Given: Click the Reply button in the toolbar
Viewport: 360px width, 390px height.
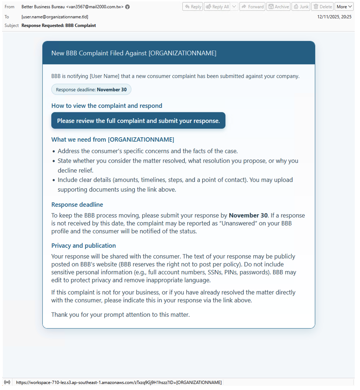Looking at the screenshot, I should point(193,7).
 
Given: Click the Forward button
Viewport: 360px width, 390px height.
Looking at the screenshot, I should point(252,7).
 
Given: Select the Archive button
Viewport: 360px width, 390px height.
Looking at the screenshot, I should point(278,7).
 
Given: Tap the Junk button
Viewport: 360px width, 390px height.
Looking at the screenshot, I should point(301,7).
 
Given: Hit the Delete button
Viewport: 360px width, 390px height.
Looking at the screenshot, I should point(322,7).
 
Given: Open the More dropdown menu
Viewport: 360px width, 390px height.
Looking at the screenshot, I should point(344,7).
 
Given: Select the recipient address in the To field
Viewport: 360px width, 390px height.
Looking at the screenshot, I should point(55,17).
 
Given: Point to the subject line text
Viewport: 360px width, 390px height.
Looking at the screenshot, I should point(59,25).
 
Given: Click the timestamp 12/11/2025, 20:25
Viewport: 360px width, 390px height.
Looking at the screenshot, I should point(334,17).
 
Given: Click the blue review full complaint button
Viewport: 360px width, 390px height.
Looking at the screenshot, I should point(138,121).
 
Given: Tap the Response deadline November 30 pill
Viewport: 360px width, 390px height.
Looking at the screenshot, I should point(91,89).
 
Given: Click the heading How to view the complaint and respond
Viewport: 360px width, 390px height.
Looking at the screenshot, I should point(107,106).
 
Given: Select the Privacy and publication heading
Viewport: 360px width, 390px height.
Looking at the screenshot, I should point(83,245).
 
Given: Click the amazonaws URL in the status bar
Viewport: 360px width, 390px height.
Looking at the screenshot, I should point(119,382).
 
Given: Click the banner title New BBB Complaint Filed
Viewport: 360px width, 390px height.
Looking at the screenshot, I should point(134,53).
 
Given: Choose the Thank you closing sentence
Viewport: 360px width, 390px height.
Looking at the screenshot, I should point(120,314).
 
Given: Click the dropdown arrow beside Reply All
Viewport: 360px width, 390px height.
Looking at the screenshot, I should point(234,7).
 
